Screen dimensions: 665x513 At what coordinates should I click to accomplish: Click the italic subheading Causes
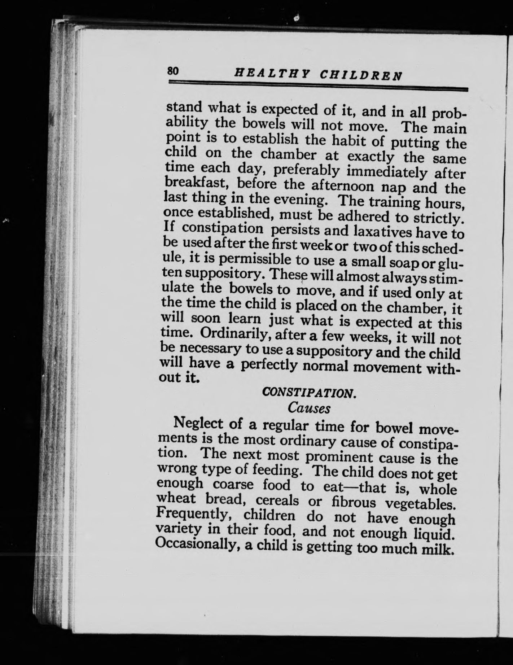tap(309, 408)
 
